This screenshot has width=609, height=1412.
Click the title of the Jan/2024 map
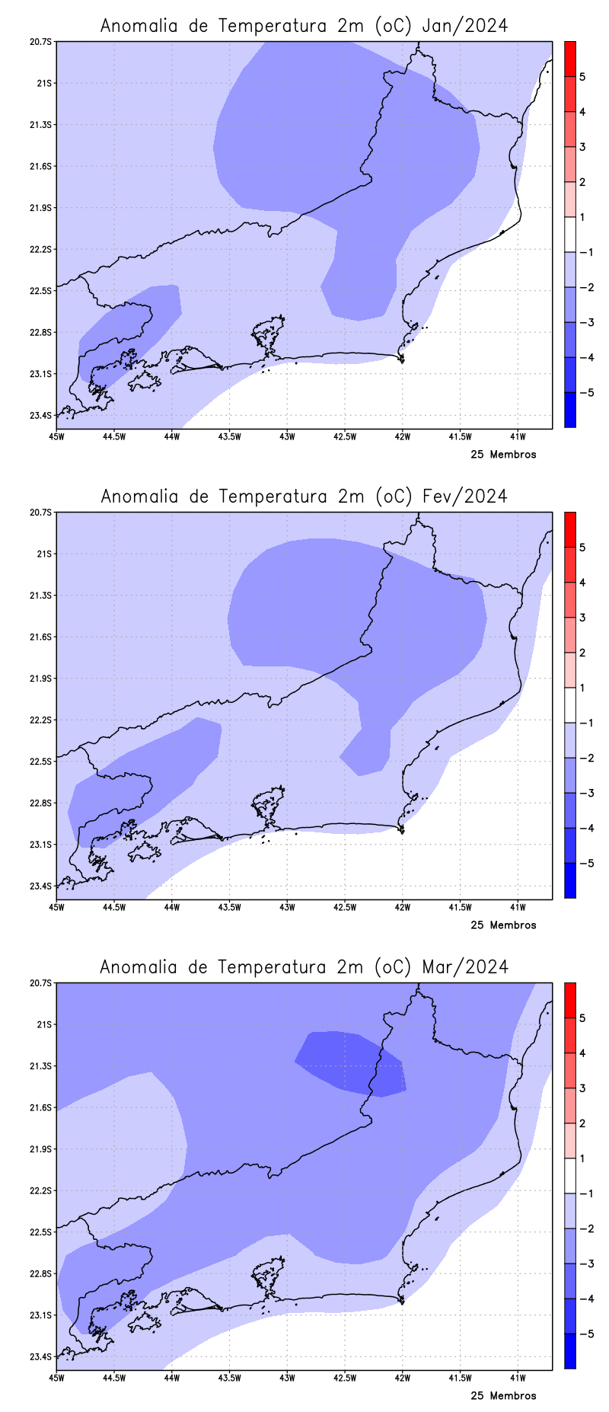[x=304, y=26]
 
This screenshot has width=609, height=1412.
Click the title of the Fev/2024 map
[x=304, y=497]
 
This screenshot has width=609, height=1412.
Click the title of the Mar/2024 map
[x=304, y=967]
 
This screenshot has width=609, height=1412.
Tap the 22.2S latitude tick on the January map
[x=43, y=249]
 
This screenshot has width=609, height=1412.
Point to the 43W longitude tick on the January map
[x=287, y=436]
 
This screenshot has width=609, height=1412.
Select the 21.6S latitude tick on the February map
[x=43, y=637]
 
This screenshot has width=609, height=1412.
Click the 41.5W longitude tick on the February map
[x=459, y=907]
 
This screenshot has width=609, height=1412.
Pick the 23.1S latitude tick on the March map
[x=43, y=1315]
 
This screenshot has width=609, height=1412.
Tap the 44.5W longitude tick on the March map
[x=114, y=1378]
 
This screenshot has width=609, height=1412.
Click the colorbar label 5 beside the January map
[x=582, y=77]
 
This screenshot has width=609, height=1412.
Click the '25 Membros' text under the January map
[x=503, y=455]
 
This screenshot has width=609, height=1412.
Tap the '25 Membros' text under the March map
[x=503, y=1396]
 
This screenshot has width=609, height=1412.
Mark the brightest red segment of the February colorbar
[x=569, y=529]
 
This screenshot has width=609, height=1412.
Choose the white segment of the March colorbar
[x=569, y=1175]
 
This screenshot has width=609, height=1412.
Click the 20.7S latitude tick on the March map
[x=43, y=982]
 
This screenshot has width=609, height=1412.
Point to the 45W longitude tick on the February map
[x=56, y=907]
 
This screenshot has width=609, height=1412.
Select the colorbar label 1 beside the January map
[x=582, y=217]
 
